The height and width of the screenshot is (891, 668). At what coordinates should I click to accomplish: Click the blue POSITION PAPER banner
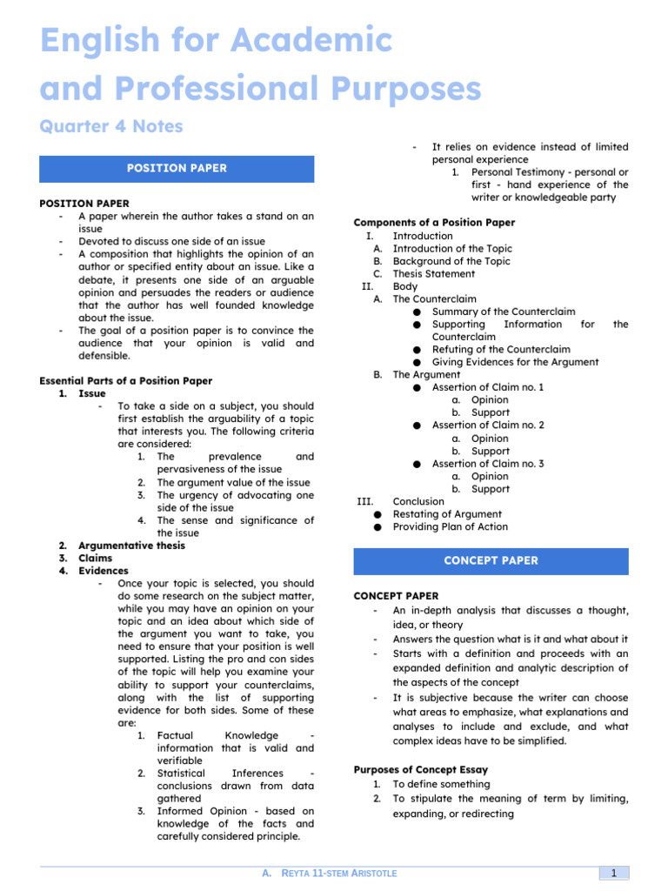click(x=177, y=169)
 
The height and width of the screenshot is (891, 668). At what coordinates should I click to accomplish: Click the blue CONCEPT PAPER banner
click(x=491, y=561)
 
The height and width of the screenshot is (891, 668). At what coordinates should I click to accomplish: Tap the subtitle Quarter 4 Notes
click(x=111, y=127)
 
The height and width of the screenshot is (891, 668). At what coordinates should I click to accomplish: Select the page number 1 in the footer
click(x=613, y=873)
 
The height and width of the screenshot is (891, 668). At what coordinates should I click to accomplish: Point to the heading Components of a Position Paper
click(x=434, y=223)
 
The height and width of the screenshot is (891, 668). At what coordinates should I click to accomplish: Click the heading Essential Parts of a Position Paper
click(x=126, y=381)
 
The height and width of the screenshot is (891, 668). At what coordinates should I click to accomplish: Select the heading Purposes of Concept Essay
click(x=421, y=770)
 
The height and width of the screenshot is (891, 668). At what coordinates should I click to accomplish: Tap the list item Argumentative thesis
click(x=131, y=546)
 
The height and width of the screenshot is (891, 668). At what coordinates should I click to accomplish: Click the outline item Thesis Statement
click(x=434, y=274)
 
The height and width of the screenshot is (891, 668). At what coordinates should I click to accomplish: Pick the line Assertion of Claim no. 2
click(x=488, y=425)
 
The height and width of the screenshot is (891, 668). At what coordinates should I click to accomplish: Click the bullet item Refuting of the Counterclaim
click(x=502, y=349)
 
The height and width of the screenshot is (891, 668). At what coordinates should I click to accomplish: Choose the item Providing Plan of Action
click(x=451, y=526)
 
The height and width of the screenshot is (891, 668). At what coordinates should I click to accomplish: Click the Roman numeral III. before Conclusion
click(x=365, y=501)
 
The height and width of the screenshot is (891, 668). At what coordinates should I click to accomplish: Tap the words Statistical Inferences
click(x=220, y=773)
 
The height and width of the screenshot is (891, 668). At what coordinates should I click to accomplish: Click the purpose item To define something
click(x=441, y=784)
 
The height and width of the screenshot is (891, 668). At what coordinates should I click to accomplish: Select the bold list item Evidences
click(x=104, y=571)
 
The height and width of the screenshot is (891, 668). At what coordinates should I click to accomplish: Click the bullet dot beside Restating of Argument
click(x=377, y=514)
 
